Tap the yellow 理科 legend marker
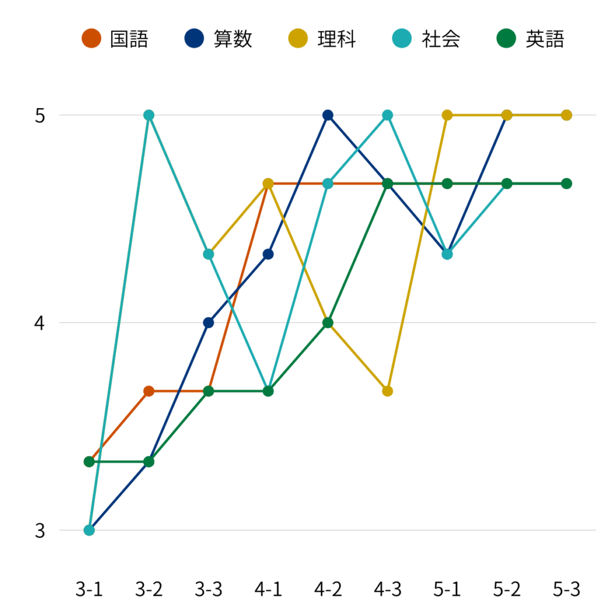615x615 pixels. [x=298, y=39]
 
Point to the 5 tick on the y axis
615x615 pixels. [x=40, y=115]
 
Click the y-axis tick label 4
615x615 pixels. [x=40, y=323]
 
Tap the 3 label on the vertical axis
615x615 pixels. [x=40, y=531]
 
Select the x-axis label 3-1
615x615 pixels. [x=89, y=590]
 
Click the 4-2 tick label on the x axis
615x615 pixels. [x=328, y=590]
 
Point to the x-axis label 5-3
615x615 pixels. [x=566, y=590]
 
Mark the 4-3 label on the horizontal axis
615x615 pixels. [x=387, y=590]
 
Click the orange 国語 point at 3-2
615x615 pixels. [x=149, y=391]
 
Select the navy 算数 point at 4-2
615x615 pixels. [x=328, y=115]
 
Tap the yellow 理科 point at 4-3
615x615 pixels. [x=387, y=391]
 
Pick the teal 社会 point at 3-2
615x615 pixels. [x=149, y=115]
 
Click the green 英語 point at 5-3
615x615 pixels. [x=566, y=183]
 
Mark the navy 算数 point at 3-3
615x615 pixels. [x=208, y=323]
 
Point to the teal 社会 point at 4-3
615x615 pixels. [x=387, y=115]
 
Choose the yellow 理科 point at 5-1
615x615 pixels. [x=447, y=115]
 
